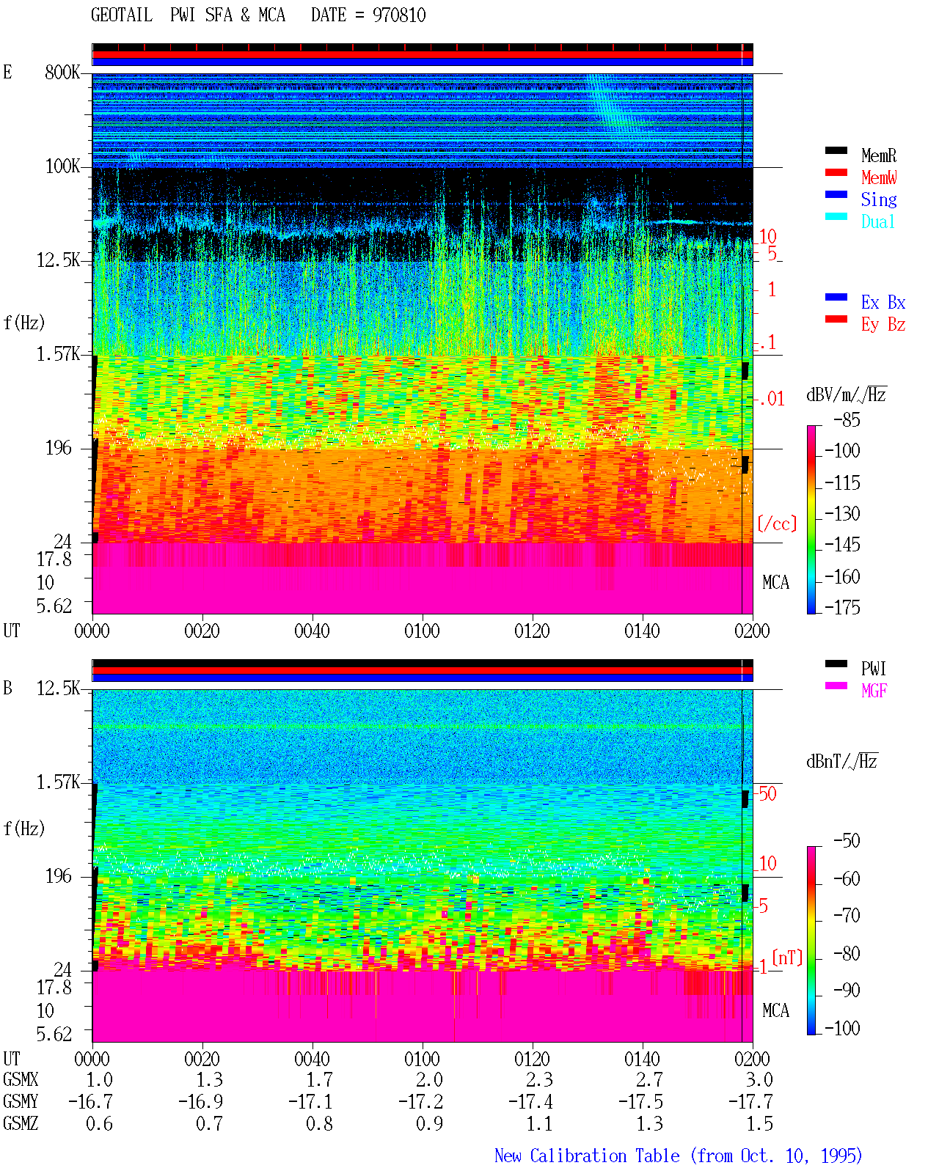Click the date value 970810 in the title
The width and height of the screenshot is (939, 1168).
pos(398,15)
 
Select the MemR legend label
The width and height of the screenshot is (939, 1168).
pos(878,155)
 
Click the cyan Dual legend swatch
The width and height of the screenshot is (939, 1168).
pos(836,216)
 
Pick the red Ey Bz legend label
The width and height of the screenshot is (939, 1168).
pos(883,325)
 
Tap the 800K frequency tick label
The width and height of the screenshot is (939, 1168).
pos(62,72)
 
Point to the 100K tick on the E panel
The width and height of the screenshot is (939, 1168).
pos(62,166)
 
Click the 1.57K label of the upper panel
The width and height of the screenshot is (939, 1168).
pos(57,354)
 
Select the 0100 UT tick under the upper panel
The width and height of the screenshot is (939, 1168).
pos(422,631)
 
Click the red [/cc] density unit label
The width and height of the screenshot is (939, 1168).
pos(777,524)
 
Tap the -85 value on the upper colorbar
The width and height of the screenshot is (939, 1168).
pos(846,419)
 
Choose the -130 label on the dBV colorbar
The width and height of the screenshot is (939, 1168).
pos(841,513)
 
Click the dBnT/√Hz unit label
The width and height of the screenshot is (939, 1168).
pos(841,761)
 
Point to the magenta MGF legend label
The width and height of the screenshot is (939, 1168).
pos(874,691)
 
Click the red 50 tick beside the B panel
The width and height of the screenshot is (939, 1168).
pos(767,794)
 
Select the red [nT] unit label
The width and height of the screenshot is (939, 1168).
pos(787,958)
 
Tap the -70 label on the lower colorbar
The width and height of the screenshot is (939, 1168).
pos(846,916)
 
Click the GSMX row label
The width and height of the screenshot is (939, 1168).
pos(21,1079)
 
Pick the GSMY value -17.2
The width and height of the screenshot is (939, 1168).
pos(420,1101)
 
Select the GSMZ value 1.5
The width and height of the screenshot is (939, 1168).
pos(759,1123)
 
